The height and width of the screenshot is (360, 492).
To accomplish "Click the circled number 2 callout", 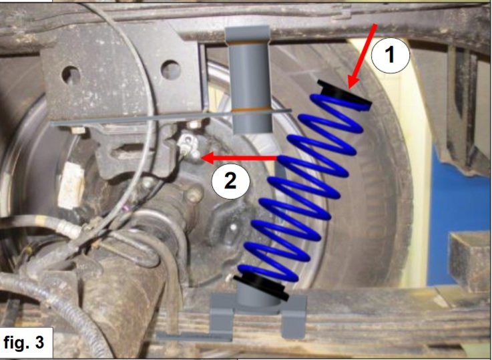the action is click(x=230, y=181).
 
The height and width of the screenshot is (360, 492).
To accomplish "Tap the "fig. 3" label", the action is click(x=23, y=343).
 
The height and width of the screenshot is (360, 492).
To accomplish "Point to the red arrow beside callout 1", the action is click(x=362, y=56).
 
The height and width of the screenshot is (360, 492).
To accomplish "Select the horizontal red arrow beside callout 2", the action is click(x=239, y=158).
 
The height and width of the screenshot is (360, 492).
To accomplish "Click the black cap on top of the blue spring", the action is click(x=344, y=95).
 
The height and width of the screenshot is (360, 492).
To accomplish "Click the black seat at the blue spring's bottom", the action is click(x=261, y=287).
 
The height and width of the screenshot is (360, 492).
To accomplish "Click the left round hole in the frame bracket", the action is click(x=72, y=75).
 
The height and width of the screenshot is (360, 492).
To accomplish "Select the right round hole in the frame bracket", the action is click(x=171, y=69).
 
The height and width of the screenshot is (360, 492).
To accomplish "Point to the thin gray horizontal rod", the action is click(x=171, y=117).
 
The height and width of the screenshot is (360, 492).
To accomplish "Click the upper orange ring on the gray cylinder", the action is click(x=248, y=43).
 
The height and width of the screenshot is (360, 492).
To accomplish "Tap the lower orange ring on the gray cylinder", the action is click(x=251, y=110).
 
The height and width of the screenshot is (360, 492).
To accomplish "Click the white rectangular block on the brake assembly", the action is click(x=71, y=186).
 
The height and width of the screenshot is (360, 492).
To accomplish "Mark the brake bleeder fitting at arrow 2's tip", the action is click(x=189, y=146).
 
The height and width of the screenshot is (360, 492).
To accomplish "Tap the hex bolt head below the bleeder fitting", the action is click(x=194, y=194).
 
